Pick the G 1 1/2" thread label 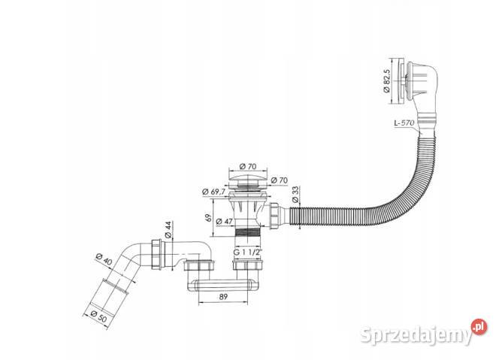click(x=247, y=252)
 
